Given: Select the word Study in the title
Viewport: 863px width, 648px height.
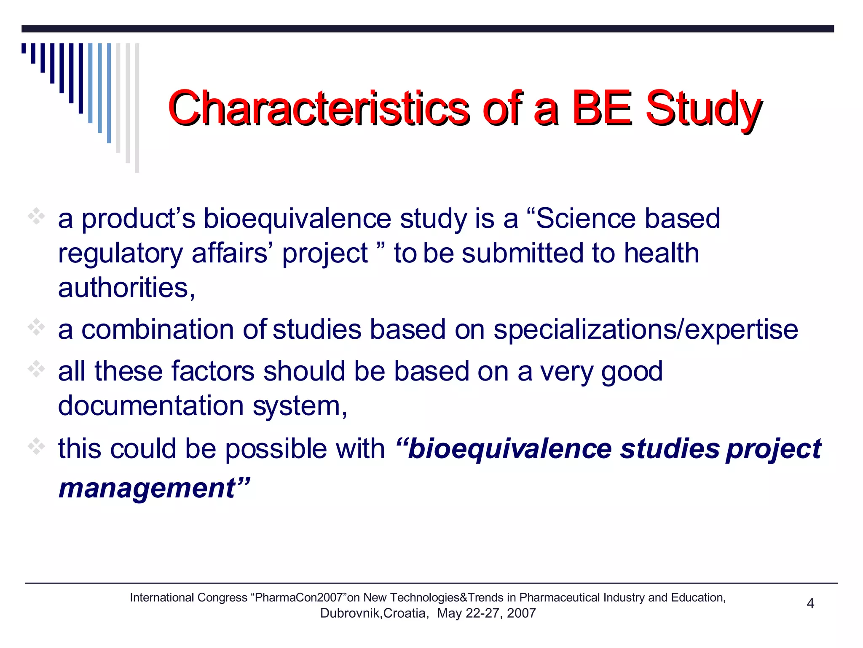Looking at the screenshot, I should pyautogui.click(x=704, y=108).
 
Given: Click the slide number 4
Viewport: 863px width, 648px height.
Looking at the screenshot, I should pyautogui.click(x=810, y=604).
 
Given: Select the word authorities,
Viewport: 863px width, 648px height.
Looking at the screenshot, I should pyautogui.click(x=126, y=288).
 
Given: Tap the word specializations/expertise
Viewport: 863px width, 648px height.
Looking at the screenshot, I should pyautogui.click(x=646, y=329).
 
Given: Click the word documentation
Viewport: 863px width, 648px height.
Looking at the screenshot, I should pyautogui.click(x=151, y=406).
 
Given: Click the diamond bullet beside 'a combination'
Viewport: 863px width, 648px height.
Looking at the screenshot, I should pyautogui.click(x=37, y=327).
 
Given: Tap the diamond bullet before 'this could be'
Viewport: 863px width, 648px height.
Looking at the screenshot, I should pyautogui.click(x=37, y=446).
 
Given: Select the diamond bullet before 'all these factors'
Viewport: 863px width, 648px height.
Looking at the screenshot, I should pyautogui.click(x=37, y=369).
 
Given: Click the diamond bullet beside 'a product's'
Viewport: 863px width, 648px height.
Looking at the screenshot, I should pyautogui.click(x=37, y=217).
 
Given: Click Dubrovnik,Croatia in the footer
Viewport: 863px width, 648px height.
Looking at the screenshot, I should pyautogui.click(x=374, y=613).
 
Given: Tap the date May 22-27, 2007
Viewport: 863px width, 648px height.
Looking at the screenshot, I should pyautogui.click(x=486, y=613).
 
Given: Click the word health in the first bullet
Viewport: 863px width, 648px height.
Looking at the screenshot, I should pyautogui.click(x=661, y=253).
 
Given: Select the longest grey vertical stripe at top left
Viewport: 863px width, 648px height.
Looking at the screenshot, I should pyautogui.click(x=137, y=108).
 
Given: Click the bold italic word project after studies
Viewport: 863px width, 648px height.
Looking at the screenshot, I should pyautogui.click(x=773, y=449).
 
